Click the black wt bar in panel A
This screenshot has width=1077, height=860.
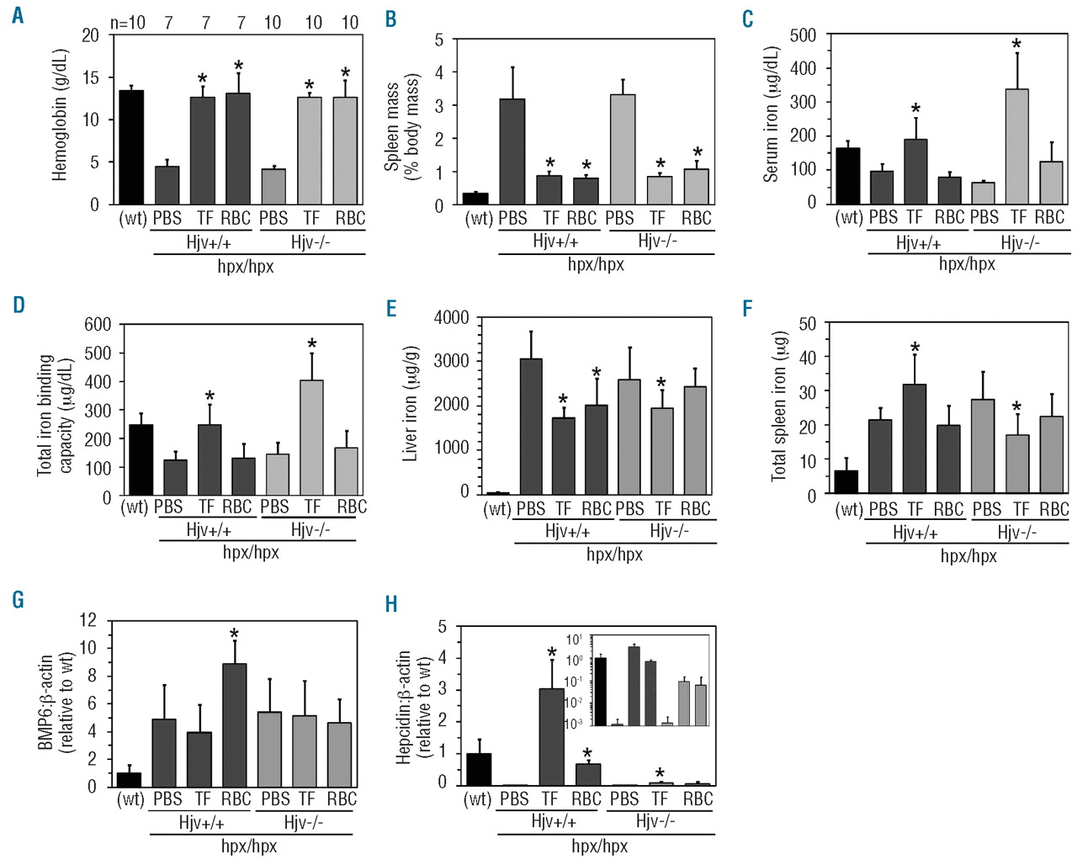coord(130,147)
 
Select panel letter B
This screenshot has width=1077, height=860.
coord(390,19)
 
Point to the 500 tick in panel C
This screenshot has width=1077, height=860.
coord(803,35)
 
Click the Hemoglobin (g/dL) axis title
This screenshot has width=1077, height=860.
coord(59,115)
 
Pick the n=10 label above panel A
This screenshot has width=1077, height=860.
coord(128,23)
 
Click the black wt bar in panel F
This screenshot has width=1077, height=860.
coord(846,481)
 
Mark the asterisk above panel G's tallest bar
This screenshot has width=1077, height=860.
coord(234,634)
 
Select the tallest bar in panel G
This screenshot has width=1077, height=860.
coord(235,725)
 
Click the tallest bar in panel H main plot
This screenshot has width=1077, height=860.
coord(551,736)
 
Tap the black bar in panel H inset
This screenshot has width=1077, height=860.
coord(600,691)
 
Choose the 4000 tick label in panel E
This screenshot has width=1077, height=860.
coord(451,318)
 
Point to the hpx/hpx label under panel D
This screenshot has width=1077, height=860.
coord(250,553)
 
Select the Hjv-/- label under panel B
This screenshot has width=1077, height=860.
coord(656,242)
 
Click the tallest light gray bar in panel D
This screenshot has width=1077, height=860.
coord(311,438)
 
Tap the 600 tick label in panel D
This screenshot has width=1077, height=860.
coord(98,325)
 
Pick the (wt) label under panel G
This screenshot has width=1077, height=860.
coord(130,799)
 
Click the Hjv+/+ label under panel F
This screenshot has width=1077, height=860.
coord(915,533)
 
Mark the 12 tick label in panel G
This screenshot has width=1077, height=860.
coord(88,621)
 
